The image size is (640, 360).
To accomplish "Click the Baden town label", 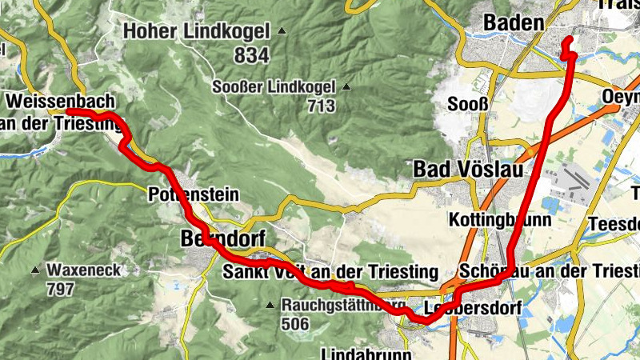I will [x=514, y=23].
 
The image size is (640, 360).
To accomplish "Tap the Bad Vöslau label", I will [x=456, y=170].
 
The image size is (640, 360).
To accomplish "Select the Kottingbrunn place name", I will [x=500, y=218].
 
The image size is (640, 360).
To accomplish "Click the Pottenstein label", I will [x=182, y=194].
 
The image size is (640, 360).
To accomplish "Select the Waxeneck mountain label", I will [x=83, y=270].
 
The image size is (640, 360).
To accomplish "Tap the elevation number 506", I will [x=298, y=324].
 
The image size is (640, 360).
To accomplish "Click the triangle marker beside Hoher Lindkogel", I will [x=282, y=32].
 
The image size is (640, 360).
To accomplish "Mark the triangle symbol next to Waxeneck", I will [x=36, y=270].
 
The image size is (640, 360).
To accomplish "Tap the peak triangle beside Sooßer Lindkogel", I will [x=346, y=86].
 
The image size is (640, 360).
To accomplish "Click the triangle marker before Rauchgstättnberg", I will [x=272, y=305].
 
